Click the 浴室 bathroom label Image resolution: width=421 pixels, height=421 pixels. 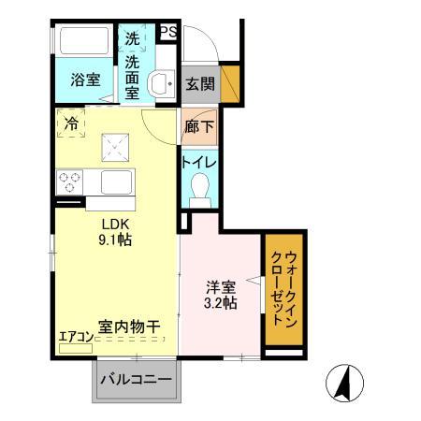point(83,80)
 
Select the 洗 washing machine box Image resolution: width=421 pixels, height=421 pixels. point(133,41)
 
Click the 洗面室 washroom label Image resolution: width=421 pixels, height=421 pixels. point(133,80)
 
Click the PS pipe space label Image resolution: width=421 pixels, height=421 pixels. point(168,32)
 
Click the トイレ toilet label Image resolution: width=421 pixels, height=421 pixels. point(198,161)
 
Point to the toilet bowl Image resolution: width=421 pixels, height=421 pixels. point(198,191)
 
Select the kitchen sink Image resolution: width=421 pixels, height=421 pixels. point(119,181)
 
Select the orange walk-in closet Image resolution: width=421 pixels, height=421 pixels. point(283,290)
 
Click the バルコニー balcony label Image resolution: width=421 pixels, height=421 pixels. point(137,382)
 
